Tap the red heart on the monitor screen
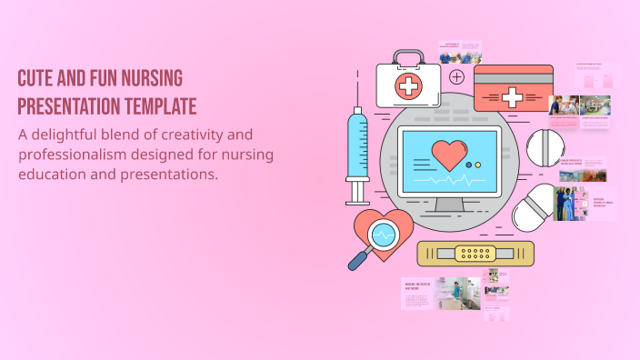click(x=449, y=154)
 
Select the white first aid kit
click(x=408, y=85)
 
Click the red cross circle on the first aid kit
click(x=409, y=87)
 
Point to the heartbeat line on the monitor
click(x=449, y=181)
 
